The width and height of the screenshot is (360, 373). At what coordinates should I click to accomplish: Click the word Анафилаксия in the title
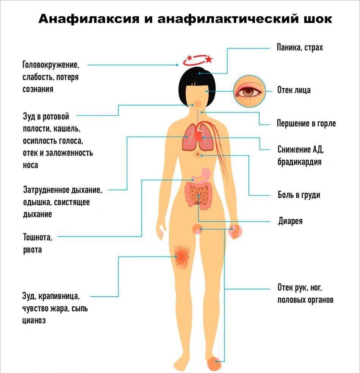[x=89, y=19]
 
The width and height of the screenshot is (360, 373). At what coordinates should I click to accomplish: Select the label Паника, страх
[x=300, y=47]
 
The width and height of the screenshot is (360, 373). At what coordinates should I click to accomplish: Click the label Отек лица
[x=294, y=90]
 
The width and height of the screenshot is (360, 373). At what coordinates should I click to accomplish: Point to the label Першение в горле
[x=306, y=124]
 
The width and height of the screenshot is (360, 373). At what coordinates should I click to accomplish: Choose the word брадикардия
[x=299, y=162]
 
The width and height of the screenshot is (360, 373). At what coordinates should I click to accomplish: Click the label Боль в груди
[x=299, y=195]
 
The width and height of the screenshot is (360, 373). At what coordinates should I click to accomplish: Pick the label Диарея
[x=290, y=221]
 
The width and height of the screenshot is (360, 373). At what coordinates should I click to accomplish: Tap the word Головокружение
[x=51, y=65]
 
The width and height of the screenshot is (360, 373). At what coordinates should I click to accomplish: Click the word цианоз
[x=34, y=321]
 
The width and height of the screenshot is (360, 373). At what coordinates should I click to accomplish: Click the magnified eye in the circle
[x=249, y=91]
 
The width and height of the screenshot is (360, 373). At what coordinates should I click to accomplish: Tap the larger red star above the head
[x=209, y=59]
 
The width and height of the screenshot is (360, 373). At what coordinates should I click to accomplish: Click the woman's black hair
[x=197, y=86]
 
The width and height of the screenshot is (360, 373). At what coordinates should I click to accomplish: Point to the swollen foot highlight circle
[x=214, y=363]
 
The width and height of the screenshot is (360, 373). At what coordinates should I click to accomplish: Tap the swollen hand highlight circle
[x=235, y=232]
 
